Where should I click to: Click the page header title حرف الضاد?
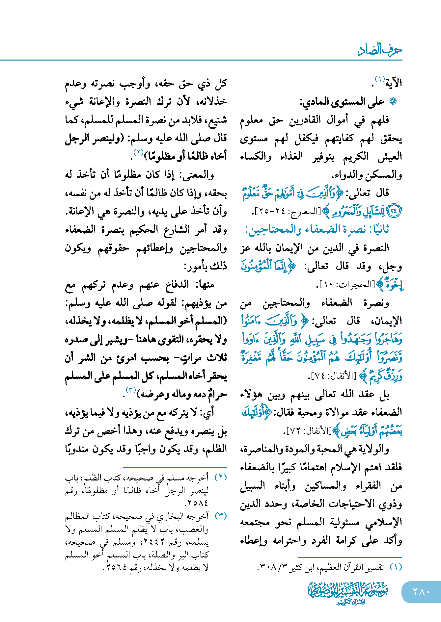point(380,50)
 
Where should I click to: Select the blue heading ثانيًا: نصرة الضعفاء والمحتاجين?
point(317,229)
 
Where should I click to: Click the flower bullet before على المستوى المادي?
point(392,102)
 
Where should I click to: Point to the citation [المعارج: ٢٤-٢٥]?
point(287,211)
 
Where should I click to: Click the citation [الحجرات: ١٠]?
point(345,285)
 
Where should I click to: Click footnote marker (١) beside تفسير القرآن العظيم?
point(396,567)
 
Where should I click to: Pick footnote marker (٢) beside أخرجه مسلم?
point(220,478)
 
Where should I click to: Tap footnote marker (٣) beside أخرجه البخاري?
point(220,516)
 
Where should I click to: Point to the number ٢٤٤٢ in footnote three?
point(150,542)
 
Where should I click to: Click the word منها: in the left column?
point(205,284)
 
